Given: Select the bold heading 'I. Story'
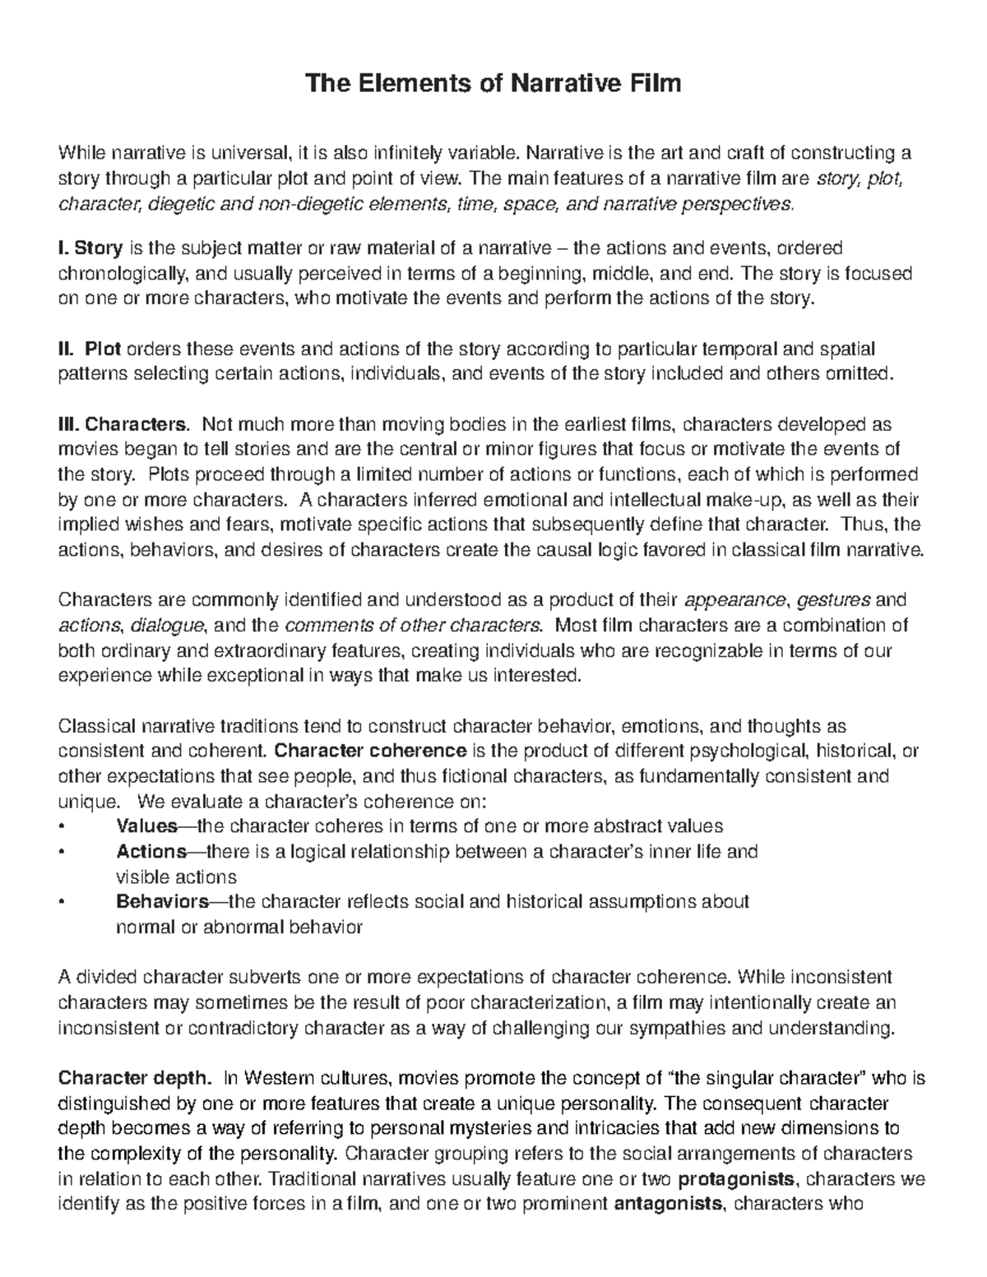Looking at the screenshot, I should pos(90,248).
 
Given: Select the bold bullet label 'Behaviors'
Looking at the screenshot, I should pos(163,902).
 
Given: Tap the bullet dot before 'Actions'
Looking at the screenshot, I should pos(62,852).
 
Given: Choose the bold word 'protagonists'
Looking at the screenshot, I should pos(736,1180).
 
